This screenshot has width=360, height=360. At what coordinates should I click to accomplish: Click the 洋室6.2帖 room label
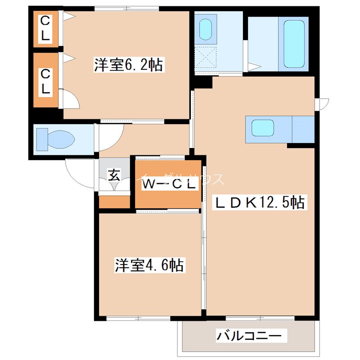(128, 65)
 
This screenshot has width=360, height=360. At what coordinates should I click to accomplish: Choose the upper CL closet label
(45, 28)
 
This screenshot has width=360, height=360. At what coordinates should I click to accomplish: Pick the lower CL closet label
(45, 81)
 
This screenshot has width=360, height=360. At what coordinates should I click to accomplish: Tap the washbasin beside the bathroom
(206, 29)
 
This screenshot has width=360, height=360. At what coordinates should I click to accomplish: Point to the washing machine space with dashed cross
(206, 59)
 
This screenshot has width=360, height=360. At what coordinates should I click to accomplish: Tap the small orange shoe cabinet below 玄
(114, 202)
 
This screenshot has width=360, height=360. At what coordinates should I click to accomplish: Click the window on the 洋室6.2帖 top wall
(127, 8)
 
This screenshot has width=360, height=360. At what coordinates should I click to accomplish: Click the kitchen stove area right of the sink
(303, 129)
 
